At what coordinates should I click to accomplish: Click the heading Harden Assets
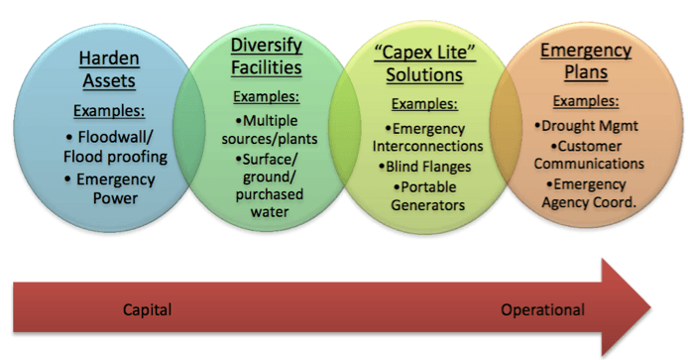109,69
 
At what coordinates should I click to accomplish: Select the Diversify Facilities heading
267,57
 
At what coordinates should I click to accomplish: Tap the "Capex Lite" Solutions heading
424,63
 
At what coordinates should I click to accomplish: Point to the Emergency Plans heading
586,61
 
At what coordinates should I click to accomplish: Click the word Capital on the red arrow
147,309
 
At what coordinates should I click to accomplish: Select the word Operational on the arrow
542,309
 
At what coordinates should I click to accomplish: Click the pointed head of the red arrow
650,307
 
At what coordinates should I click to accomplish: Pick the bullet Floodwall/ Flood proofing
115,147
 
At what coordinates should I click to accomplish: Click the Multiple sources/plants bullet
270,130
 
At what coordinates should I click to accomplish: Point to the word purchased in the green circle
270,194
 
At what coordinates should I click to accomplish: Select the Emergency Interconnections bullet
428,137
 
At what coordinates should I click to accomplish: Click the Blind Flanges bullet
424,167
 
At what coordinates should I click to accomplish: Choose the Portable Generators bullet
428,195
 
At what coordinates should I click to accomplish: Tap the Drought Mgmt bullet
586,126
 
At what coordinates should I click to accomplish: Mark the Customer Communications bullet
589,155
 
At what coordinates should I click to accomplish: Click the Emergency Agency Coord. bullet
589,193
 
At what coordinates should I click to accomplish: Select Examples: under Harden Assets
109,111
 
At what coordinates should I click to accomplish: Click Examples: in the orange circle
586,101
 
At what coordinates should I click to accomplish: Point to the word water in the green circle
270,212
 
